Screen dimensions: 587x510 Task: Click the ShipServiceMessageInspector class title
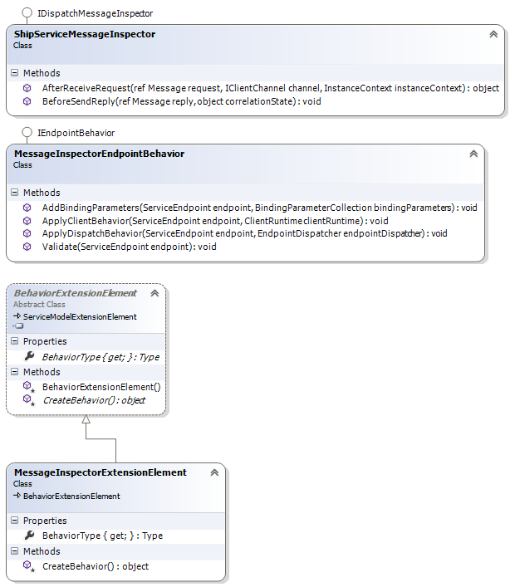point(85,34)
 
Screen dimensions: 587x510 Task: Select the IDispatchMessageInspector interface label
point(95,13)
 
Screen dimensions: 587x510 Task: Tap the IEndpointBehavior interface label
point(76,133)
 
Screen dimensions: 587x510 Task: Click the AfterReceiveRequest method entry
point(270,87)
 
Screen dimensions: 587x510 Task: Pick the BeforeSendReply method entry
point(181,101)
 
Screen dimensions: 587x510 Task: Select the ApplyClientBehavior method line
point(214,220)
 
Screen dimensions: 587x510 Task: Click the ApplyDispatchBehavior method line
point(244,233)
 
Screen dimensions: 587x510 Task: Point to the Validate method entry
point(129,247)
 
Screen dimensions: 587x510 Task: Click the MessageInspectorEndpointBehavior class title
point(99,154)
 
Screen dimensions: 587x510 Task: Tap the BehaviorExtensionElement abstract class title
point(75,293)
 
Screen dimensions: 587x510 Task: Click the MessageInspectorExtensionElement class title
point(100,472)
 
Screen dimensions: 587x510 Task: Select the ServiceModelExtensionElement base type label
point(80,316)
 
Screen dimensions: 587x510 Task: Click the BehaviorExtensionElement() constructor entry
point(101,387)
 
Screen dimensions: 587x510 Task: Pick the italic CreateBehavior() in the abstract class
point(93,400)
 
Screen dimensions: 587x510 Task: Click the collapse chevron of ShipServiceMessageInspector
point(493,34)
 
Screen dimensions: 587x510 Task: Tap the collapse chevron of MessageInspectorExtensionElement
point(214,472)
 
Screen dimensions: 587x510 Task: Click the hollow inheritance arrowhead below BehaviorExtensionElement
point(86,419)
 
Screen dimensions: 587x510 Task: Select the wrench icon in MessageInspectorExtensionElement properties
point(30,536)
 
